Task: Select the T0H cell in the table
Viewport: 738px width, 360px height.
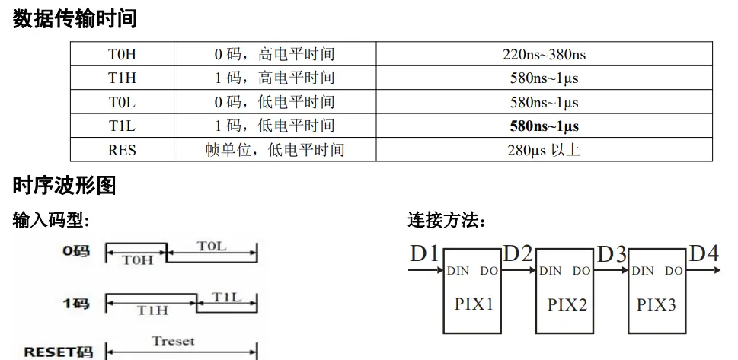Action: click(x=122, y=54)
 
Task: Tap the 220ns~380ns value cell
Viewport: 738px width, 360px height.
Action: click(x=544, y=54)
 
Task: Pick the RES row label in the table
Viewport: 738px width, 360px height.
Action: click(x=122, y=150)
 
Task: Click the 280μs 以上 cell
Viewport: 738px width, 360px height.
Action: click(x=544, y=150)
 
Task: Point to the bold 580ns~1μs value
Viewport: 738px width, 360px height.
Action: click(x=544, y=126)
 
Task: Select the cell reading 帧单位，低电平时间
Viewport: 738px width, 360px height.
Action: click(x=274, y=150)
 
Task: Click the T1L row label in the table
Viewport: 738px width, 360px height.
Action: click(x=122, y=126)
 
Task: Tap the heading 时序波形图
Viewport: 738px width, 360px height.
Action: click(x=64, y=185)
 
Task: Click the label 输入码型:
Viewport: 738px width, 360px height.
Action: click(x=51, y=221)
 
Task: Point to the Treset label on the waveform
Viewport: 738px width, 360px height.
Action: click(x=173, y=341)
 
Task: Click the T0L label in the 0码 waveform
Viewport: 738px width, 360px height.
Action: click(x=212, y=247)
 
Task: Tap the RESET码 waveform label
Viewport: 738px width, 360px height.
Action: click(x=58, y=352)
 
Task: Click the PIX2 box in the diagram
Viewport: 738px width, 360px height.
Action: click(x=567, y=304)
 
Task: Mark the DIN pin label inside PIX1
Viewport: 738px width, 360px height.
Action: click(x=458, y=270)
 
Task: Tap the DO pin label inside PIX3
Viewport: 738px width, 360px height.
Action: click(x=673, y=270)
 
